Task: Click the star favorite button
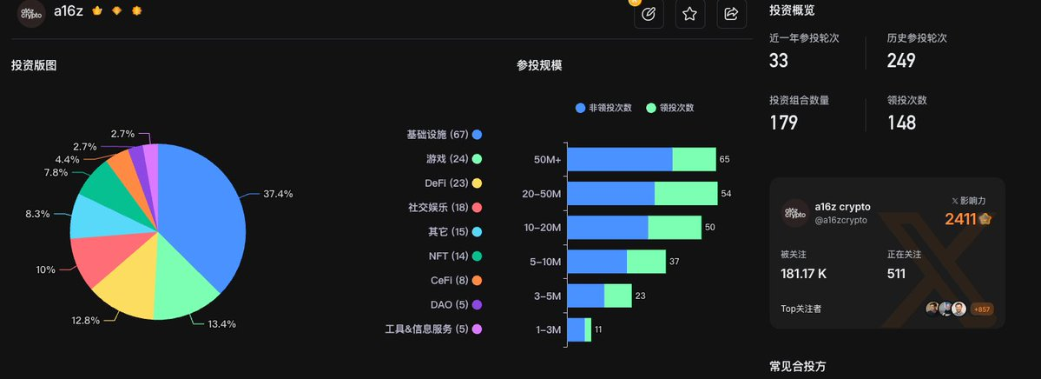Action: click(x=689, y=14)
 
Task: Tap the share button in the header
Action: click(x=731, y=14)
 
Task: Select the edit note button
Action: click(x=648, y=14)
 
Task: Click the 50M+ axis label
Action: click(x=547, y=160)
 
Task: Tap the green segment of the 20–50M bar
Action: click(x=686, y=194)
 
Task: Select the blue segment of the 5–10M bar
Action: click(x=596, y=262)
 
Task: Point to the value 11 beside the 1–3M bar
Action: click(x=597, y=330)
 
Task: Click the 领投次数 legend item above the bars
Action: click(x=670, y=108)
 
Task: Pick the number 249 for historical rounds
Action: click(x=900, y=60)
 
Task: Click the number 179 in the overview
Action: click(x=783, y=123)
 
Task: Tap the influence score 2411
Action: click(x=960, y=219)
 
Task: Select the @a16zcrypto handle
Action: click(x=841, y=222)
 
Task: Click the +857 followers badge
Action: click(x=982, y=309)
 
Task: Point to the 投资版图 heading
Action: click(x=34, y=65)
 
